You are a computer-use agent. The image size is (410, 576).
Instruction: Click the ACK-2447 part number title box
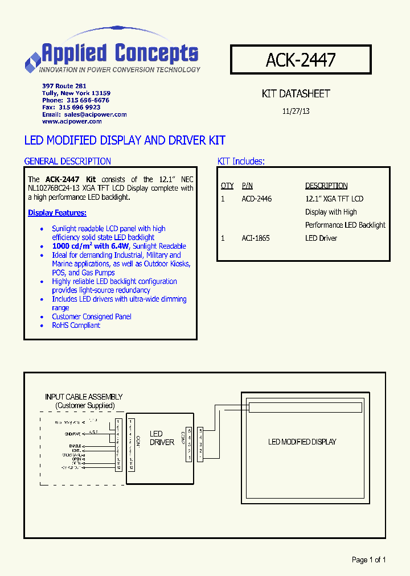(x=301, y=60)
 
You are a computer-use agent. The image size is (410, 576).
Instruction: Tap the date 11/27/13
(x=296, y=112)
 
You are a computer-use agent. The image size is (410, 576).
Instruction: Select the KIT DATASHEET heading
(x=296, y=94)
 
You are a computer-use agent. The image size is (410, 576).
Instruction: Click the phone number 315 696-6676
(x=84, y=100)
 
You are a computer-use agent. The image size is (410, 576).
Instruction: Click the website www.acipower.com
(x=72, y=121)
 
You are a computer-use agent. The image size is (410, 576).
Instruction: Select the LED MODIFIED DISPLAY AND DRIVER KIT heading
(x=125, y=140)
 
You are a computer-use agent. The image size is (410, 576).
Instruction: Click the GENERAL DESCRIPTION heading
(x=68, y=161)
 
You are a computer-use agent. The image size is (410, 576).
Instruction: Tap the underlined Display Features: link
(x=57, y=213)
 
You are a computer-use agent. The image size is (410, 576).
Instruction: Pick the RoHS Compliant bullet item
(x=76, y=326)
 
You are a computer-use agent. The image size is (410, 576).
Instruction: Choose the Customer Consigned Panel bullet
(x=91, y=316)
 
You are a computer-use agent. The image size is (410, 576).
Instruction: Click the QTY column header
(x=227, y=186)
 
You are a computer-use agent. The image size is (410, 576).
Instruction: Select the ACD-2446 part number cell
(x=257, y=199)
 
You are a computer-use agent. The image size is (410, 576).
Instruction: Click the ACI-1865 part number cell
(x=256, y=238)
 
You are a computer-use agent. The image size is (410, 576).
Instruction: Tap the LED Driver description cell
(x=321, y=238)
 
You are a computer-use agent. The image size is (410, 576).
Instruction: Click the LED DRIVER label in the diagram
(x=161, y=438)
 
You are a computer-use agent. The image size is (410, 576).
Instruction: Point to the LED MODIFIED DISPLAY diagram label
(x=302, y=442)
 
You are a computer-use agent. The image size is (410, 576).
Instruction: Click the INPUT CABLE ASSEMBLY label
(x=84, y=397)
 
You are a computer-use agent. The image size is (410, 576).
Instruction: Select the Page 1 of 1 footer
(x=369, y=560)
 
